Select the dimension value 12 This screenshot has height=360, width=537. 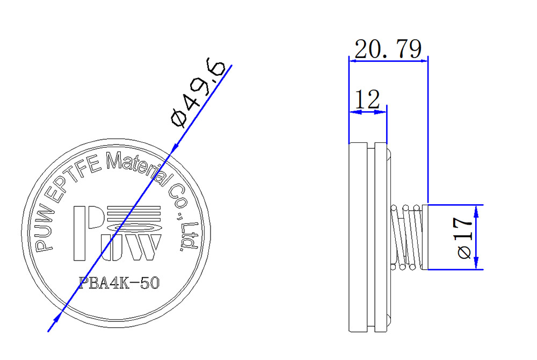pos(367,99)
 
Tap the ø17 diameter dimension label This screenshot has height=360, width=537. pos(465,237)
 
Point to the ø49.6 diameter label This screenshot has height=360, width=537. pos(197,94)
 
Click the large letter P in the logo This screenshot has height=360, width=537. pos(85,232)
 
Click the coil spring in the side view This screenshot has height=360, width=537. pos(406,236)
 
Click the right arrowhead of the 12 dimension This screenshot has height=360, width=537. pos(382,112)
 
